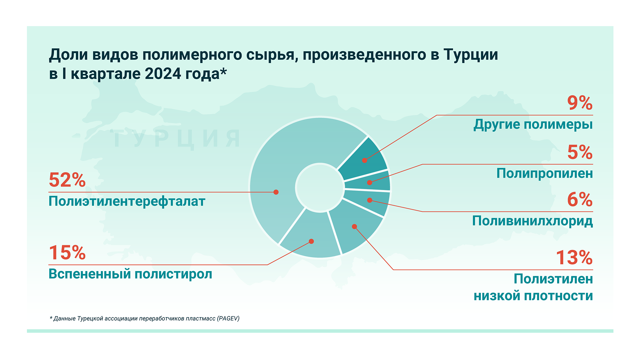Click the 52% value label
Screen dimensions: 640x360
coord(67,180)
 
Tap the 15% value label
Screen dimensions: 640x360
coord(67,253)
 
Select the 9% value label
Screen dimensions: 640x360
coord(580,103)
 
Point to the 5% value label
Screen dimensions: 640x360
coord(580,152)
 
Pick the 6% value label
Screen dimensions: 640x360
coord(580,200)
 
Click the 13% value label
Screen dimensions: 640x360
coord(574,258)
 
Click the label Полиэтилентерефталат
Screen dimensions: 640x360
coord(127,202)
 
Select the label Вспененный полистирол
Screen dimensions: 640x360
coord(130,274)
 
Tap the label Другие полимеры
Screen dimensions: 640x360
coord(533,124)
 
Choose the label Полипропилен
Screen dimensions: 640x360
coord(545,173)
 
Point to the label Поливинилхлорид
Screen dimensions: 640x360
coord(532,221)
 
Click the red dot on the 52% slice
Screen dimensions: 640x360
coord(276,192)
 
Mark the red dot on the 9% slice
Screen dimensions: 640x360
coord(364,160)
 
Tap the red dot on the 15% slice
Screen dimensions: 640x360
coord(311,241)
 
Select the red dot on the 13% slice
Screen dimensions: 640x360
coord(354,227)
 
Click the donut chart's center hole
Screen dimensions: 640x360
coord(320,188)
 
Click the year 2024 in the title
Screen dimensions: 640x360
coord(163,74)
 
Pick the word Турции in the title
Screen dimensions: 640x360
coord(471,55)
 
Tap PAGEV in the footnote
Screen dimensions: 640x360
coord(228,318)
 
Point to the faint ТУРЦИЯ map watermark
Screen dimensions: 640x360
coord(176,139)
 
